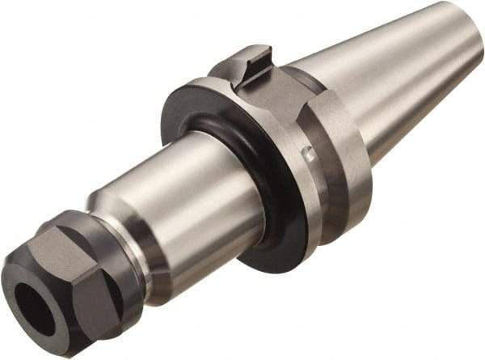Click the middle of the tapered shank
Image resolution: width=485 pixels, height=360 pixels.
tap(388, 73)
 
